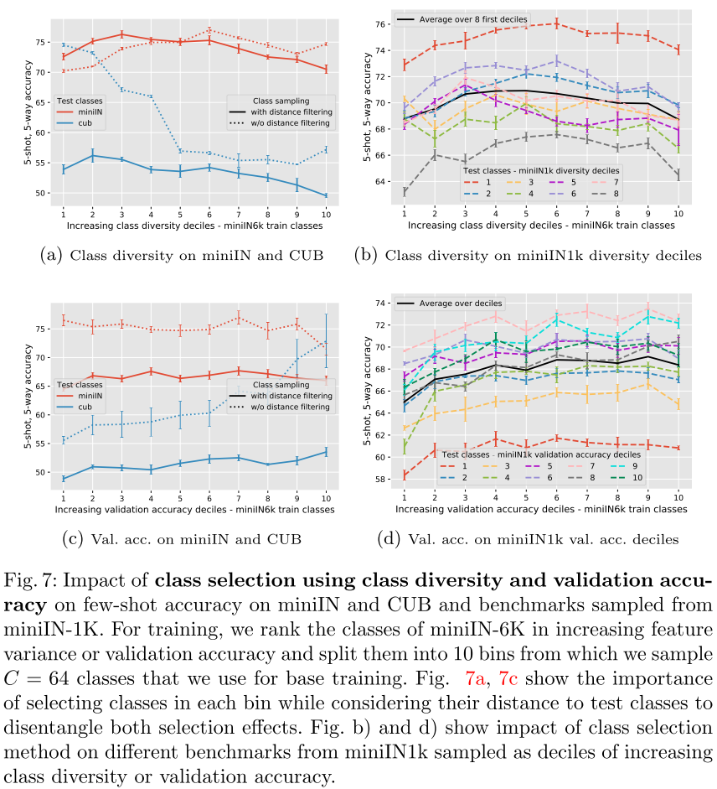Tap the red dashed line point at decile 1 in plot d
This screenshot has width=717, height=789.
[x=405, y=475]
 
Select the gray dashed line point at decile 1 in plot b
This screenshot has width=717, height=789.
[x=405, y=192]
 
